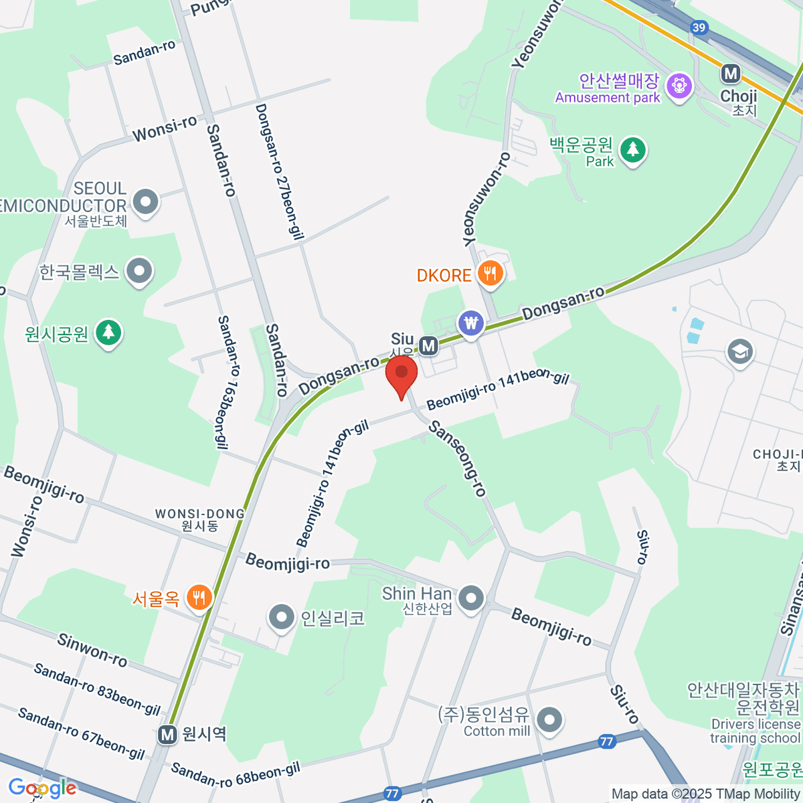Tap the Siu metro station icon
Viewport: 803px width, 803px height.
428,346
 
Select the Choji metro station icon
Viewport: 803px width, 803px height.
730,74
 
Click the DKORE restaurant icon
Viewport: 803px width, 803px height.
490,274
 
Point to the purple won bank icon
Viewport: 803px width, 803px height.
472,324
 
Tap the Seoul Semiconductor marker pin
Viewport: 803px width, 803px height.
145,201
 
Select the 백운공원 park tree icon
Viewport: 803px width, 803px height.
632,149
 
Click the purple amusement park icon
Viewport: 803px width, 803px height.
679,86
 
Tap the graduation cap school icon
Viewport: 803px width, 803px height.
739,351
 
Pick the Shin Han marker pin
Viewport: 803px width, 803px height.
471,598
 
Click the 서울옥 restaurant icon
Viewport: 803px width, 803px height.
199,597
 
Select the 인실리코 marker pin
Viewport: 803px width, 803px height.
281,617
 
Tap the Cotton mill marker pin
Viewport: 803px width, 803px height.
549,720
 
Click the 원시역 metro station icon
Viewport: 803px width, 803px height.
167,735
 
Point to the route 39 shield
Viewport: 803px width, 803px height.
699,27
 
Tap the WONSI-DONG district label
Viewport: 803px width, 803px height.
200,519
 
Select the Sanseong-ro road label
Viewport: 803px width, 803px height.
458,458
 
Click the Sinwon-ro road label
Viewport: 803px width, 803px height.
92,650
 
